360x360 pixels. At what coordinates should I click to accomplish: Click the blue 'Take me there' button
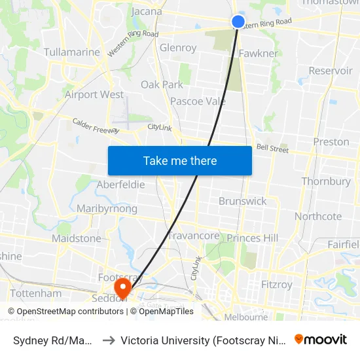[x=180, y=160]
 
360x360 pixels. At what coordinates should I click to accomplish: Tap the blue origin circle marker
[x=238, y=22]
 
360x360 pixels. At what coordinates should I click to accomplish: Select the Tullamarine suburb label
[x=71, y=52]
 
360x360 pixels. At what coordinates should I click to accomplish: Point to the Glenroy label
[x=178, y=48]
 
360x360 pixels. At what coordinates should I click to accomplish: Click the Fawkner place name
[x=259, y=53]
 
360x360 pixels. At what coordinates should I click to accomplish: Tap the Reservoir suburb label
[x=330, y=71]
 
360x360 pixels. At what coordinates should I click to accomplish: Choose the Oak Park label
[x=162, y=84]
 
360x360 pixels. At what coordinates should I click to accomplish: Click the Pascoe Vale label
[x=198, y=101]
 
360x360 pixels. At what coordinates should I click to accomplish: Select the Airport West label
[x=94, y=94]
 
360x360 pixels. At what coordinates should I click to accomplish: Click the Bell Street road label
[x=272, y=149]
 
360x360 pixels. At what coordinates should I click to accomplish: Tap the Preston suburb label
[x=331, y=141]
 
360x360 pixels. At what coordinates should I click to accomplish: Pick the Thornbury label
[x=326, y=181]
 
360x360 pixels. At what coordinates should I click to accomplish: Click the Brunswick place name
[x=243, y=201]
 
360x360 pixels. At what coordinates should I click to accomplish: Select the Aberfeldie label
[x=120, y=185]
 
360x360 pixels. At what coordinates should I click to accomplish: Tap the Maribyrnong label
[x=107, y=209]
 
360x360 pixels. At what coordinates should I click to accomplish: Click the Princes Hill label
[x=253, y=238]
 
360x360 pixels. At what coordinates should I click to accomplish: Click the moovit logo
[x=321, y=339]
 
